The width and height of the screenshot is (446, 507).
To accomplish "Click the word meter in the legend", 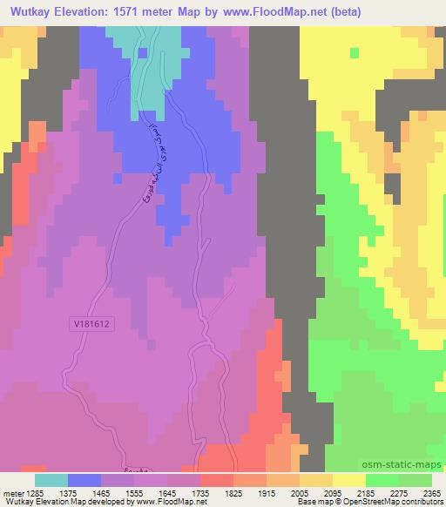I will click(15, 491).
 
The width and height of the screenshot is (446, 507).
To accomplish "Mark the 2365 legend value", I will click(430, 491).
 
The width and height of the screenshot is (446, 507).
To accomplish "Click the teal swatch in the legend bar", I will click(51, 479).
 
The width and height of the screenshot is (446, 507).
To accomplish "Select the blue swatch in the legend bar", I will click(84, 479).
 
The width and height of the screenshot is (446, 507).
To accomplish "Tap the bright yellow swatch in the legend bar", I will click(349, 479).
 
